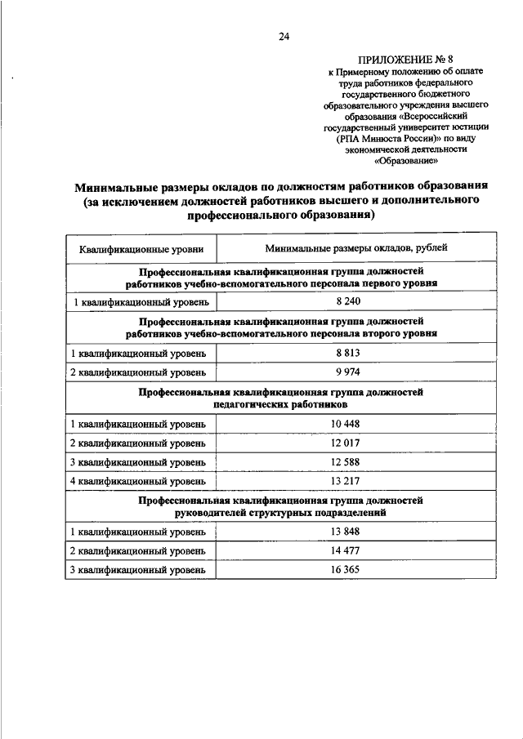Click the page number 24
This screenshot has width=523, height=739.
tap(283, 36)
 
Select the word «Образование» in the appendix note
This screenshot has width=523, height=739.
tap(394, 162)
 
